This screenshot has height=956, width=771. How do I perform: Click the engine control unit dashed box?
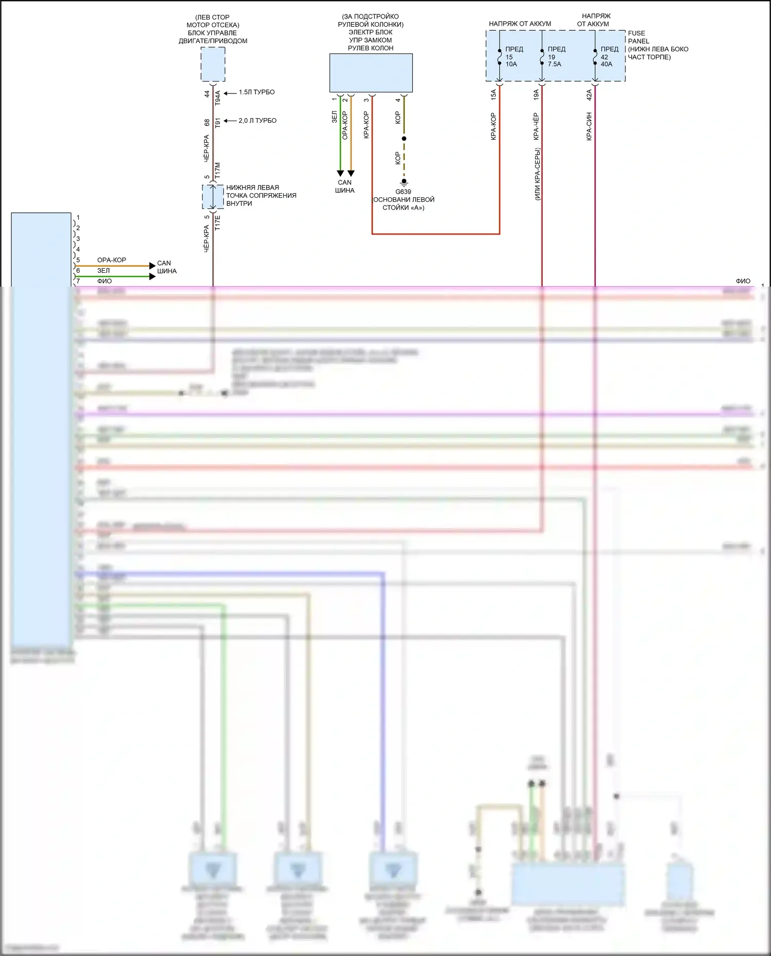[213, 64]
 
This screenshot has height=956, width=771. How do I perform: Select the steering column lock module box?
[371, 73]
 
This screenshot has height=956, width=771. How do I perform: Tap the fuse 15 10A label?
[513, 57]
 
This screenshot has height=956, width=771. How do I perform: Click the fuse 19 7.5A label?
[556, 57]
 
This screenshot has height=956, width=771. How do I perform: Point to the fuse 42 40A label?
[609, 57]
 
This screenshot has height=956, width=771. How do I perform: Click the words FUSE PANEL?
[638, 37]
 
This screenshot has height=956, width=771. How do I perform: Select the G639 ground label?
[403, 192]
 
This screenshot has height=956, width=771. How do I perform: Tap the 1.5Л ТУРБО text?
[256, 92]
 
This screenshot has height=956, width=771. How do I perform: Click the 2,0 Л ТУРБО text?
[257, 121]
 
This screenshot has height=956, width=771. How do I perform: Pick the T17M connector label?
[217, 171]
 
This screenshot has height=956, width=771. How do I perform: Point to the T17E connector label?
[217, 222]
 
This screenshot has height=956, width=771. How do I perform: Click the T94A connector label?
[217, 98]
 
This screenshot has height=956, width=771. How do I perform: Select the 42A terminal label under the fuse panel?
[589, 95]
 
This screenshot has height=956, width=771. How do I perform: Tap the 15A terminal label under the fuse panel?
[493, 95]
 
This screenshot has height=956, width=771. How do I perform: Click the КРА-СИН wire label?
[589, 126]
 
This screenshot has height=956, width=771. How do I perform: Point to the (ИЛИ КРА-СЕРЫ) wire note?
[537, 174]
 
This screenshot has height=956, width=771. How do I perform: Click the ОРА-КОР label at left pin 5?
[112, 260]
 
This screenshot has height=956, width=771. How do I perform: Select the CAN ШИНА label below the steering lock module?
[344, 186]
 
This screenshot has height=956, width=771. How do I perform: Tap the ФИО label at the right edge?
[743, 281]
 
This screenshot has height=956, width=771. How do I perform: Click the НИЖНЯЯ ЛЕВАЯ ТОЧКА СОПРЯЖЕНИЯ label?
[261, 195]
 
